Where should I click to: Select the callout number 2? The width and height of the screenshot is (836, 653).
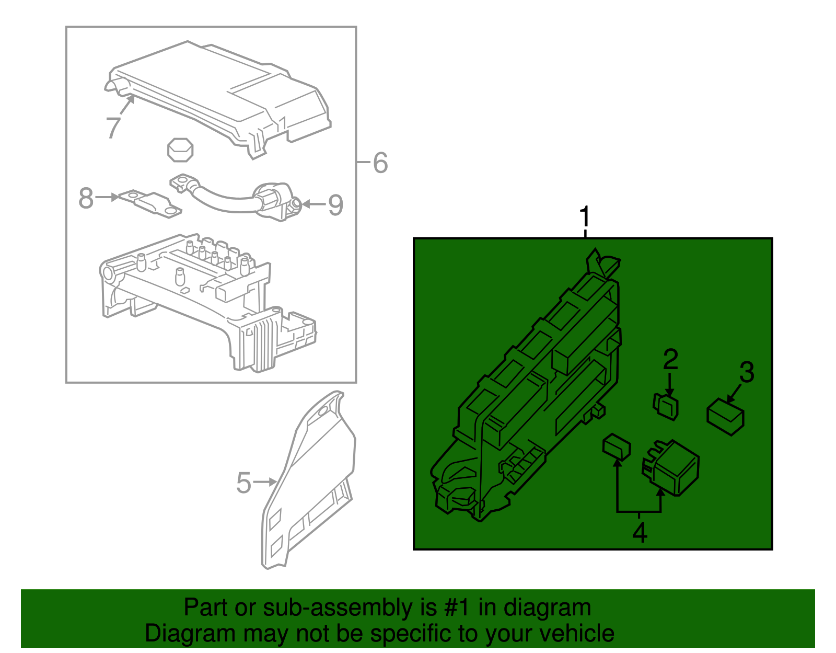[670, 360]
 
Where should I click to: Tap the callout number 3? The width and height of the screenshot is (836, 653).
[747, 372]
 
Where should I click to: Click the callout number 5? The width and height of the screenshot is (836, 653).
[243, 483]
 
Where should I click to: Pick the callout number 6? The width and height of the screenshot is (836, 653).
[380, 163]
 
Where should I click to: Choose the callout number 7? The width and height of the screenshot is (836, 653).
[113, 128]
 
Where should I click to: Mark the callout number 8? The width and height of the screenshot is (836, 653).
[86, 198]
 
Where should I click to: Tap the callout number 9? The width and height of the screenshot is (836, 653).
[335, 205]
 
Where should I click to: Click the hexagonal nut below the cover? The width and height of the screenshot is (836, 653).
[180, 150]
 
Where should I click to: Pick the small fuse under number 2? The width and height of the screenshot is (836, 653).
[666, 406]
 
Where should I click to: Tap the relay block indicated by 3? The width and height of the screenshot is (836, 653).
[725, 416]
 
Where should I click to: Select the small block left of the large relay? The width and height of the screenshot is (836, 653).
[617, 446]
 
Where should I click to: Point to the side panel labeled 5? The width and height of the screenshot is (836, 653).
[308, 481]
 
